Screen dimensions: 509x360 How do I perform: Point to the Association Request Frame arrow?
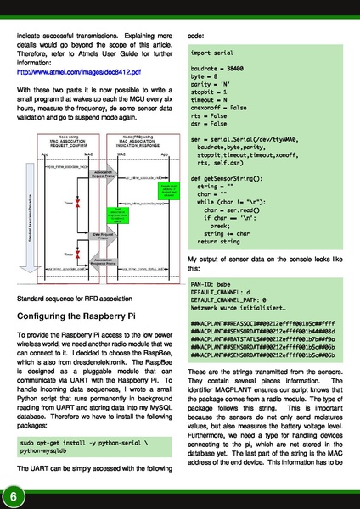(101, 176)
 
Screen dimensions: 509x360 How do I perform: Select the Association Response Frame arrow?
(102, 260)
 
